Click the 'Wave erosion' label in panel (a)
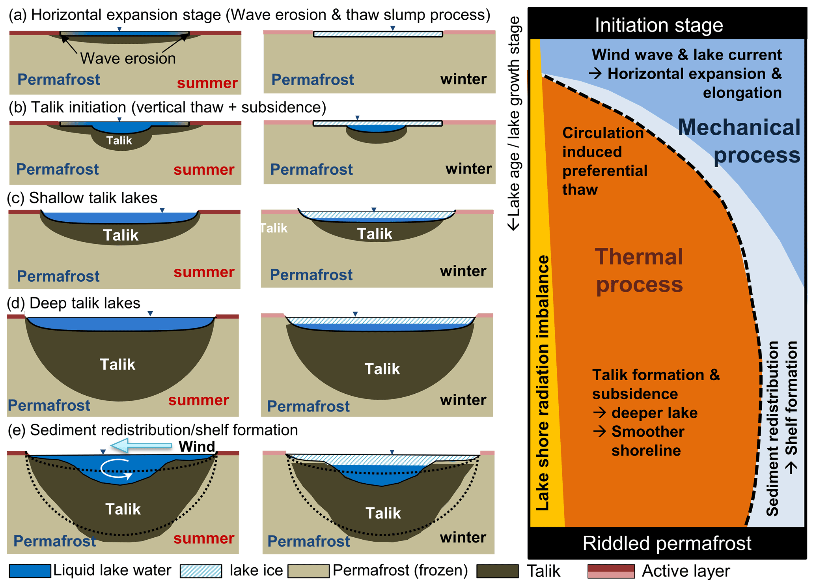[128, 58]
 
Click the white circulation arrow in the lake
[116, 469]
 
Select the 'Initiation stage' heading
[659, 25]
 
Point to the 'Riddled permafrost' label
[667, 543]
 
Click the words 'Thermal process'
[639, 271]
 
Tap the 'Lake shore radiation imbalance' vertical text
[543, 383]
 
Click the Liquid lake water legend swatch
[30, 571]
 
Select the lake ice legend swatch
[201, 571]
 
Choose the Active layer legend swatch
[611, 571]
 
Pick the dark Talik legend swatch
[497, 571]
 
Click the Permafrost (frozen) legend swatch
[308, 571]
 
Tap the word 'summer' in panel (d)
[198, 400]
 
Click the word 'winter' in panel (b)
[468, 168]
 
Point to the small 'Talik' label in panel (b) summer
[119, 140]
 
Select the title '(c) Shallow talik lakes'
[82, 198]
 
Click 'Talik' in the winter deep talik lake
[382, 369]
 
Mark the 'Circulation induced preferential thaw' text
[604, 161]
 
